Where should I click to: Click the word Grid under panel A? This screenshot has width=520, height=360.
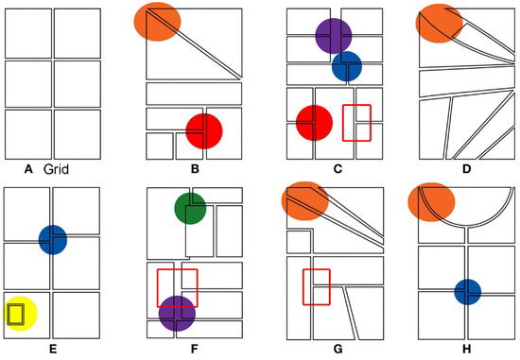[56, 169]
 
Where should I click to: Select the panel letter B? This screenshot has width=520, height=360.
[195, 169]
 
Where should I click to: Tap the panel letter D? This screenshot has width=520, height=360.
[466, 169]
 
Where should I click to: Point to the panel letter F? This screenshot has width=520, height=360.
[195, 349]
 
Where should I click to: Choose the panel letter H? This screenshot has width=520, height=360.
[466, 349]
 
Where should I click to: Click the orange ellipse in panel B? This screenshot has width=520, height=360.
[158, 22]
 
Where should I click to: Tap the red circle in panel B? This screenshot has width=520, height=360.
[204, 131]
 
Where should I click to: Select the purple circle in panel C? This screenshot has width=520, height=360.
[334, 36]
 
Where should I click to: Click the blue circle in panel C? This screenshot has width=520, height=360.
[347, 66]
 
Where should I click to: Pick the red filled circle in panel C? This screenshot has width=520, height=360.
[315, 123]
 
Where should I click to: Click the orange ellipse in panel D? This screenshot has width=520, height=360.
[439, 24]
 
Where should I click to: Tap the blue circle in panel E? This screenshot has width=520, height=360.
[53, 240]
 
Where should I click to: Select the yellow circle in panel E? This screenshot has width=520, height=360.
[21, 314]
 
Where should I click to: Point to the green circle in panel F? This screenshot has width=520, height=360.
[190, 209]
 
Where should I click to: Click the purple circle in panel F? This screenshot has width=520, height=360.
[177, 314]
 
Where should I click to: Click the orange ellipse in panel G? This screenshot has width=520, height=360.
[305, 201]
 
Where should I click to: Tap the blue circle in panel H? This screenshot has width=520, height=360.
[468, 292]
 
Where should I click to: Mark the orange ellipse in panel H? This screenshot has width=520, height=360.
[431, 202]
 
